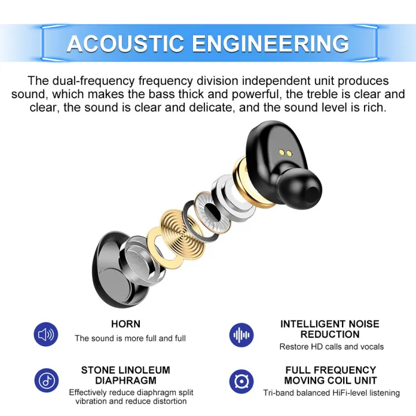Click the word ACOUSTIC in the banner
(125, 44)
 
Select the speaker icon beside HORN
(46, 334)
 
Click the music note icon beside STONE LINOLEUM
(46, 380)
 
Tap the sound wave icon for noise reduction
(241, 335)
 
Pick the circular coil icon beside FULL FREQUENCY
(241, 381)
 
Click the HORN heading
(125, 324)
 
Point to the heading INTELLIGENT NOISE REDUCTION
(330, 329)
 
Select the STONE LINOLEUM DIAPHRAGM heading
(125, 375)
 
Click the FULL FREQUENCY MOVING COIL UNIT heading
(330, 375)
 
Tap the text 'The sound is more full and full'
(130, 338)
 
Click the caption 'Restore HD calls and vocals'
(331, 347)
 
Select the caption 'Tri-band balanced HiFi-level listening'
(331, 393)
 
